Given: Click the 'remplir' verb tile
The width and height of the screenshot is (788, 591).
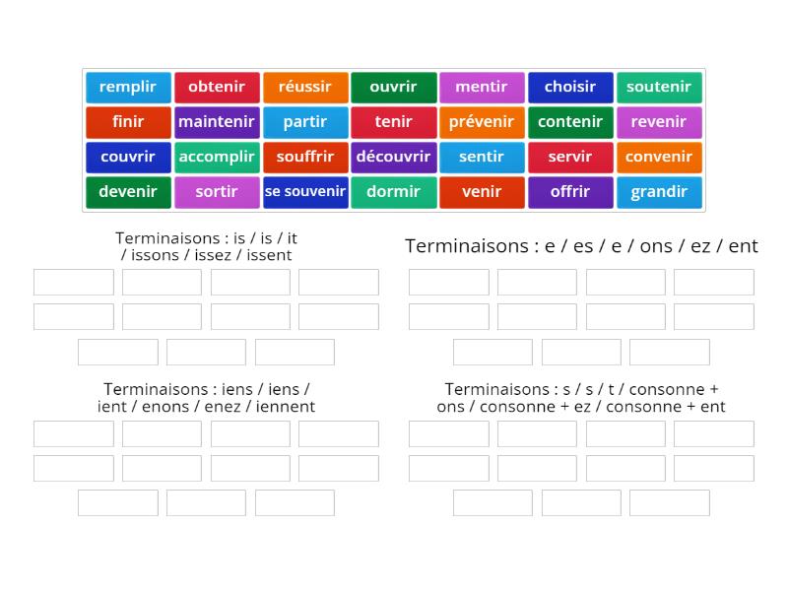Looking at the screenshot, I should point(128,87).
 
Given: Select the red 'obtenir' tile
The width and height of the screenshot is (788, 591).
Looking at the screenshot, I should point(217,87).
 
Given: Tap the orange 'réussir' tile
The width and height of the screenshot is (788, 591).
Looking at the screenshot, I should point(305,87).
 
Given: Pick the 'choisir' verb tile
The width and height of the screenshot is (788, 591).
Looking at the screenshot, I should point(570,87).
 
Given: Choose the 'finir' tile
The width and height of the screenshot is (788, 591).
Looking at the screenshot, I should point(128,122).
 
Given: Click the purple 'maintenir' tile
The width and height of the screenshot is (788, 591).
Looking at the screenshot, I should point(217,122).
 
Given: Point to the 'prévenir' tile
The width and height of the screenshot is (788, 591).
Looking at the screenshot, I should point(482,122).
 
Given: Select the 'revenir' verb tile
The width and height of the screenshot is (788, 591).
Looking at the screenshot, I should point(659,122).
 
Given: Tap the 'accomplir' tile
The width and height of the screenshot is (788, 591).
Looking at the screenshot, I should point(217,157).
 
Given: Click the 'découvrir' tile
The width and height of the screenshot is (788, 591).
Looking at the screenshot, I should point(394,157).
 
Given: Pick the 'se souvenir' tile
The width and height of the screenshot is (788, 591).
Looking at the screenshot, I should point(305,192).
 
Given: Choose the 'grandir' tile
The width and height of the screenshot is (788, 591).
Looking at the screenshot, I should point(659,192).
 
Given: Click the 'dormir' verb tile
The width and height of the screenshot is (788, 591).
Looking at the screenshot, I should point(394,192).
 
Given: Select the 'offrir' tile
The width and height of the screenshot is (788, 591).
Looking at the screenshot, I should point(570,192).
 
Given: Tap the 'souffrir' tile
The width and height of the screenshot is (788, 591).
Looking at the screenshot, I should point(305,157).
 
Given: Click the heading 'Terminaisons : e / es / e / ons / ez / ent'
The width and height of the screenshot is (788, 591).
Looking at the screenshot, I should point(581,246).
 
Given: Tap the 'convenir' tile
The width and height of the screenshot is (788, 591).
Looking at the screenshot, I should point(659,157).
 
